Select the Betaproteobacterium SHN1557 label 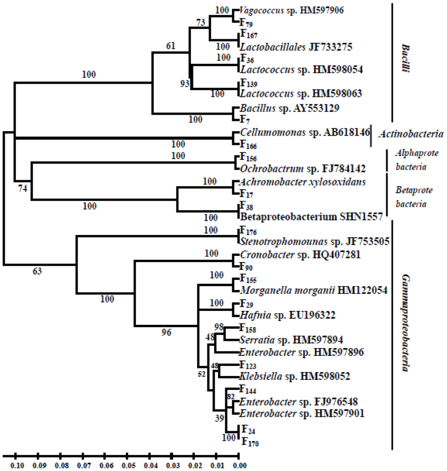point(311,216)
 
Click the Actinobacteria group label point(410,134)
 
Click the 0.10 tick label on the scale point(16,467)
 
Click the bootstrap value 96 point(166,332)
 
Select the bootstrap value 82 point(230,396)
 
